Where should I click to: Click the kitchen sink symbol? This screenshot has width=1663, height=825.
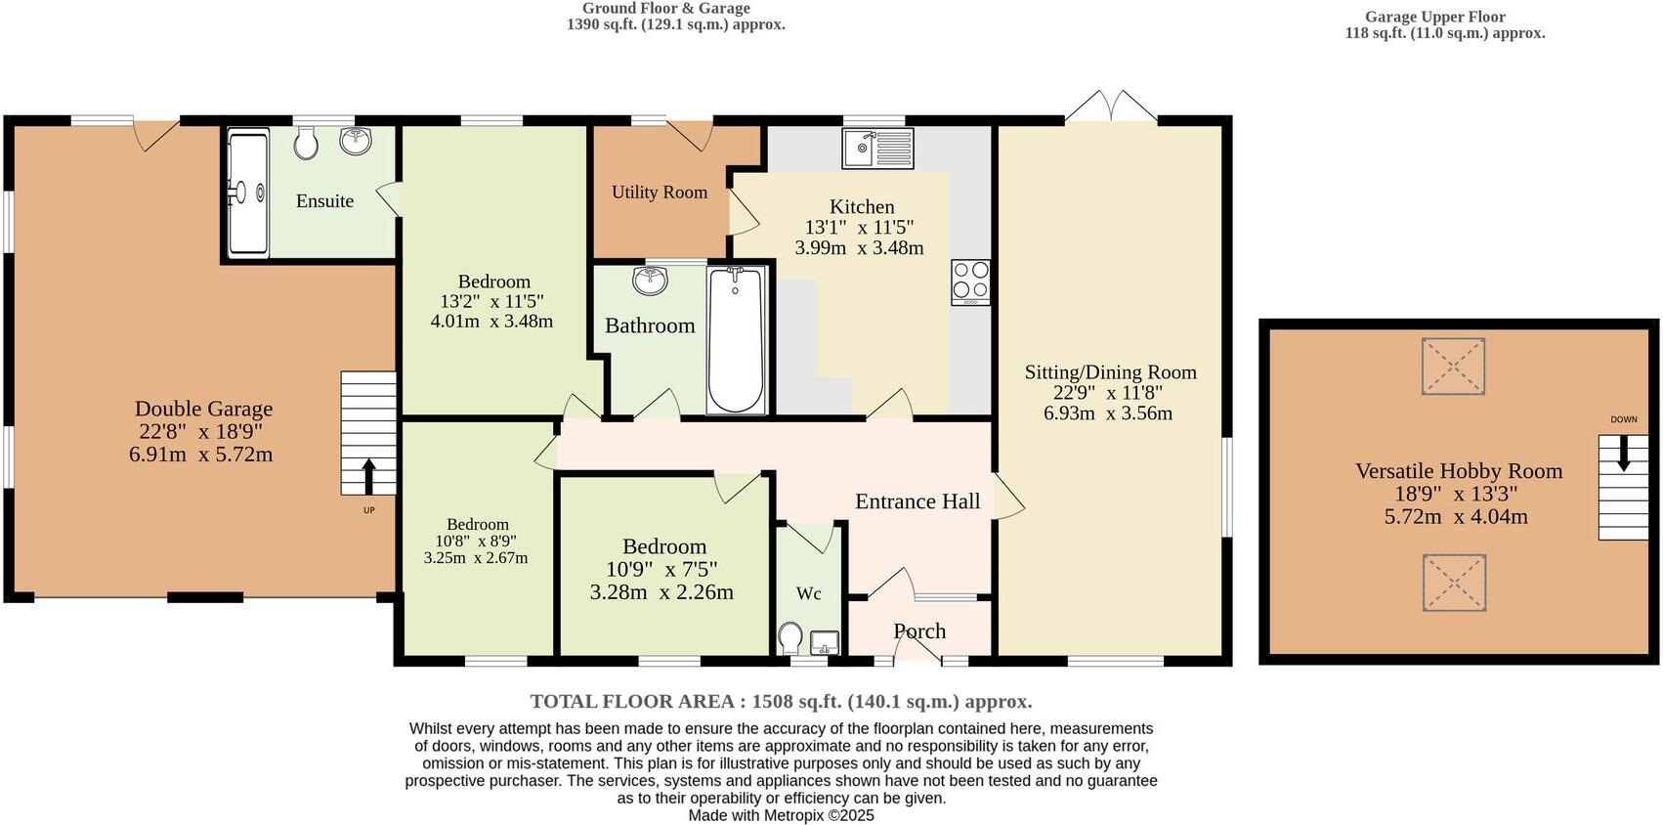[x=876, y=149]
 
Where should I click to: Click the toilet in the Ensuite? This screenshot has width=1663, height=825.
[x=306, y=146]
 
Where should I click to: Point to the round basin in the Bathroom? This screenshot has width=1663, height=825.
[x=650, y=282]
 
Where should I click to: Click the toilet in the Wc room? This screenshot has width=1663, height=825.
[x=790, y=639]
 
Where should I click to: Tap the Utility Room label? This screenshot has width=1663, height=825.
[x=660, y=193]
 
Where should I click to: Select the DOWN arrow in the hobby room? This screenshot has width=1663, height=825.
[x=1623, y=453]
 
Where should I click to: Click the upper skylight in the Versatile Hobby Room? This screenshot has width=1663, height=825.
[x=1453, y=366]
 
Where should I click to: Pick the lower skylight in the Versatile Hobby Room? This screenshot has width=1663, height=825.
[x=1454, y=583]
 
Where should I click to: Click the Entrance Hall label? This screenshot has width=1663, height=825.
[x=917, y=501]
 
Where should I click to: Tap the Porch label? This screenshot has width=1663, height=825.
[x=919, y=631]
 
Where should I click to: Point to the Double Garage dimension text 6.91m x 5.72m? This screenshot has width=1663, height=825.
[x=200, y=455]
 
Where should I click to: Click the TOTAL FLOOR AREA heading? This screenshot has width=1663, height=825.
[x=781, y=701]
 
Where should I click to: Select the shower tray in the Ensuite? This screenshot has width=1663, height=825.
[x=247, y=194]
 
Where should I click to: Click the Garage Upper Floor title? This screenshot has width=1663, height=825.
[x=1434, y=17]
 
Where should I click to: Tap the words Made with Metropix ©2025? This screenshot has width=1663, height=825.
[x=781, y=815]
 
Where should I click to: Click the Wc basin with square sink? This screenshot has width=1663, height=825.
[x=824, y=642]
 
